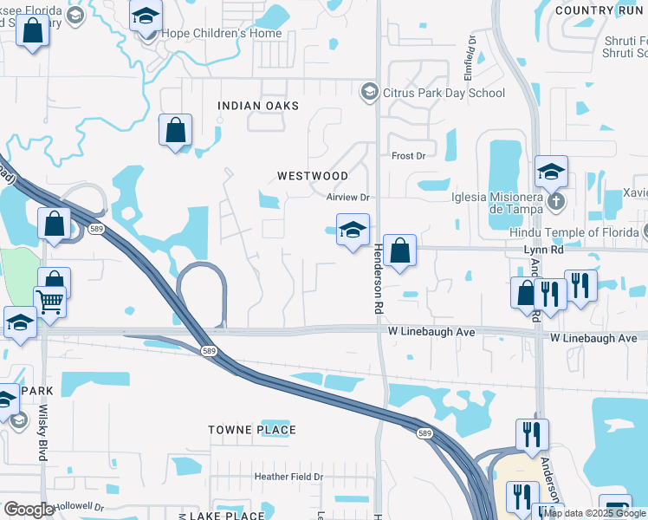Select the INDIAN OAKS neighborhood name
pyautogui.click(x=258, y=106)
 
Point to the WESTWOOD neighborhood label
pyautogui.click(x=312, y=176)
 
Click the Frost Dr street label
pyautogui.click(x=409, y=156)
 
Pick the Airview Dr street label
pyautogui.click(x=348, y=198)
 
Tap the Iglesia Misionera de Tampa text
pyautogui.click(x=496, y=202)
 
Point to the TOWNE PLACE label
pyautogui.click(x=252, y=430)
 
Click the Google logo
pyautogui.click(x=29, y=510)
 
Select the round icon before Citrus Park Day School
pyautogui.click(x=370, y=92)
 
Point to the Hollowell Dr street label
pyautogui.click(x=81, y=507)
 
